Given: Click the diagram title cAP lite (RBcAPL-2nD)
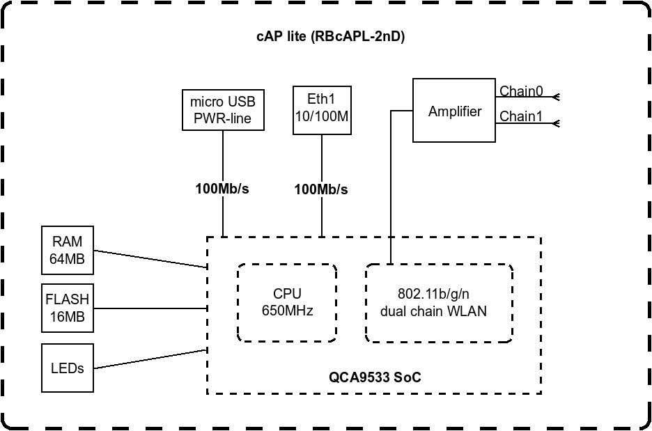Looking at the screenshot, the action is (331, 36).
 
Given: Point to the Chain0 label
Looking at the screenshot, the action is (521, 91).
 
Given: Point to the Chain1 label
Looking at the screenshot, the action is (521, 116).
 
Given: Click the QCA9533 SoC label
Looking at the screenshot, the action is (375, 377).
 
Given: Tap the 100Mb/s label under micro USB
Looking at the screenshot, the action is (222, 189).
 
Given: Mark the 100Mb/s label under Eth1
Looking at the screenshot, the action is (321, 189).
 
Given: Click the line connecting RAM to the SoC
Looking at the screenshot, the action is (150, 259).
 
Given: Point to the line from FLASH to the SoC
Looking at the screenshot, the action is (150, 308).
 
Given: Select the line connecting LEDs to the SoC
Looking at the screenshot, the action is (150, 359).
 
